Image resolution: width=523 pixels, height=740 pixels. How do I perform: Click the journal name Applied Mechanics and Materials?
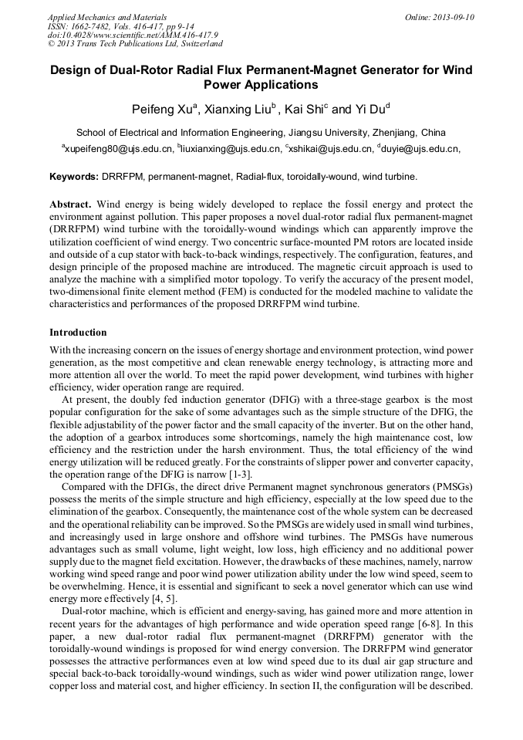[107, 17]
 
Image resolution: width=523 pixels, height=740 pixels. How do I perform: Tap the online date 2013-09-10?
[450, 17]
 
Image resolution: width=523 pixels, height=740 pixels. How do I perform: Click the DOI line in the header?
[133, 35]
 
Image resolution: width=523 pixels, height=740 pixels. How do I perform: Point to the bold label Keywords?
[74, 177]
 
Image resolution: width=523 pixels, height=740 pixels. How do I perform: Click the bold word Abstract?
[70, 204]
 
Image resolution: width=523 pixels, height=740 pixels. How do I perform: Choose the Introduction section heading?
[78, 333]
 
